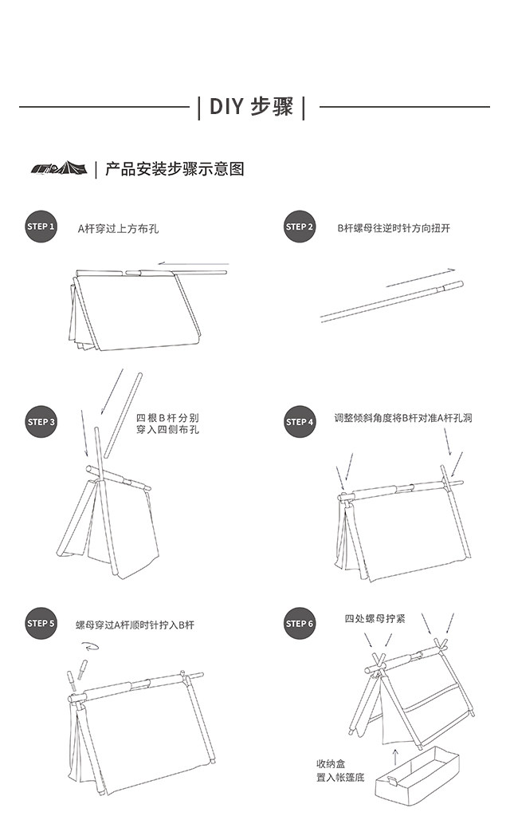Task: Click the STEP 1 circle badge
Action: coord(41,227)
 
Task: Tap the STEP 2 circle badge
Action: coord(300,227)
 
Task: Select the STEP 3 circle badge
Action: coord(41,422)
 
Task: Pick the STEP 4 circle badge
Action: coord(300,421)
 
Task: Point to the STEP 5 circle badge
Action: coord(41,624)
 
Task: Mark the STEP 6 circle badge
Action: coord(300,624)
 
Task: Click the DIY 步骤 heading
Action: coord(251,107)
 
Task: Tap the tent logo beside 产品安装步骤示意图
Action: coord(58,168)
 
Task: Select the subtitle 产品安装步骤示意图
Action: coord(175,169)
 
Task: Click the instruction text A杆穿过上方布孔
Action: coord(118,229)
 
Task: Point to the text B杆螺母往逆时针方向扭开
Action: coord(393,228)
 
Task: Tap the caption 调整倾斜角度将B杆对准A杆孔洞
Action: coord(403,418)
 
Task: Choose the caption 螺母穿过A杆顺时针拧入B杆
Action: coord(135,625)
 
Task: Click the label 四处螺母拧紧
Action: coord(375,618)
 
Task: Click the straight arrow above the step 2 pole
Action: coord(420,278)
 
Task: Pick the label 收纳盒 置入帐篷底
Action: coord(339,770)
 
